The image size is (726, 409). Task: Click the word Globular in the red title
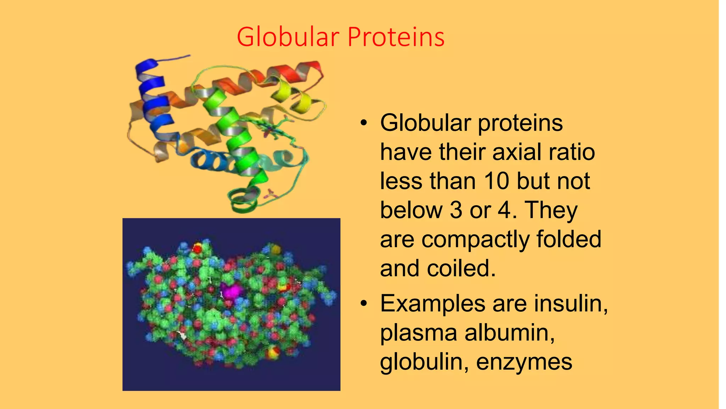point(288,37)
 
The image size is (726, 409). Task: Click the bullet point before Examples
point(363,304)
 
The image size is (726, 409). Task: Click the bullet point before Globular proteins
point(363,123)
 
